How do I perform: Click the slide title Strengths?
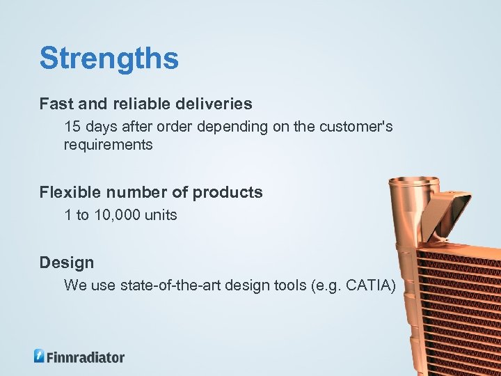click(x=109, y=58)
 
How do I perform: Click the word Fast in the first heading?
click(x=54, y=104)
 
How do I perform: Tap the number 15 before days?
click(x=72, y=127)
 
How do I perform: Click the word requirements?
click(x=108, y=145)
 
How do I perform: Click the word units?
click(x=161, y=215)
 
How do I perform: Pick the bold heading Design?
click(x=66, y=263)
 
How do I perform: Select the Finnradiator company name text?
click(x=86, y=357)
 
